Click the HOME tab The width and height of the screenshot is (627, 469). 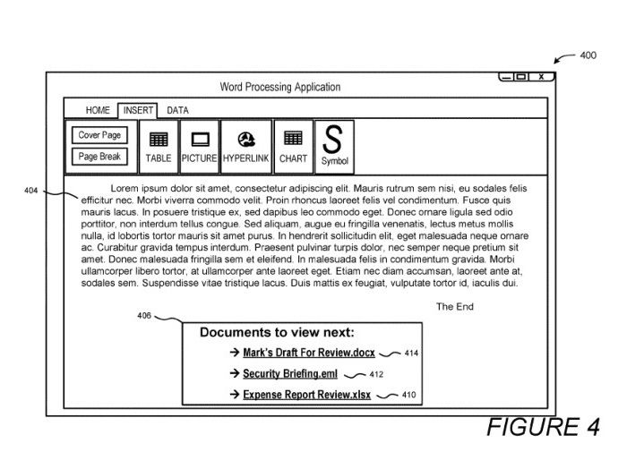(98, 111)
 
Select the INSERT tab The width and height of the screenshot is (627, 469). (138, 111)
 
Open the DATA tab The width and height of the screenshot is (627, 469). (177, 111)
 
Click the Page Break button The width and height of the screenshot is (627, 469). (100, 157)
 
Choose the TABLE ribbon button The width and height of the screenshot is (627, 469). (159, 146)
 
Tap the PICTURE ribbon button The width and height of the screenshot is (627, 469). (200, 146)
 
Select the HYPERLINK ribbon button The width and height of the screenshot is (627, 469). (245, 146)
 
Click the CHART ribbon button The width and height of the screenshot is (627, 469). (293, 146)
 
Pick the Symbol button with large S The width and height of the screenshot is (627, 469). (333, 146)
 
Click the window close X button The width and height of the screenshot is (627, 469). (541, 77)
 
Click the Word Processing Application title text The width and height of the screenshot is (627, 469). (280, 87)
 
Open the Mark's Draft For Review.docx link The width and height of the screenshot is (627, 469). (308, 353)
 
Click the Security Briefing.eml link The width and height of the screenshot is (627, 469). (289, 374)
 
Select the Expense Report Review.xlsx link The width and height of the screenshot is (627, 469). (306, 395)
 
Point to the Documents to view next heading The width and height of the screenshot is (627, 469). (277, 332)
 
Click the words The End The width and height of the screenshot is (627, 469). (454, 307)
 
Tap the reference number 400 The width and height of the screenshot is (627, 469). (588, 55)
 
